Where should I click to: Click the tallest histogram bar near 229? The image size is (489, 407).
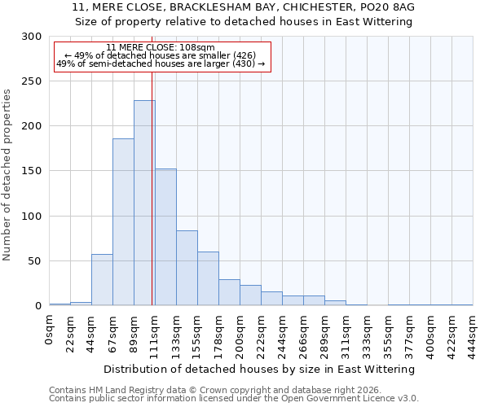tap(144, 203)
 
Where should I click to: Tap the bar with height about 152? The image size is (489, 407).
tap(165, 237)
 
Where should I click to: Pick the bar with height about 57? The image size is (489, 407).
tap(102, 280)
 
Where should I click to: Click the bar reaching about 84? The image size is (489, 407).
tap(187, 268)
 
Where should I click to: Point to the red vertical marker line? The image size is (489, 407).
tap(152, 187)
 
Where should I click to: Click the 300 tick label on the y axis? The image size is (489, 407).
tap(32, 37)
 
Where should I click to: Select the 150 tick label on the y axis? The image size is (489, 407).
tap(32, 172)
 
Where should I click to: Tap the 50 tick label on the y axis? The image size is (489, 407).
tap(35, 261)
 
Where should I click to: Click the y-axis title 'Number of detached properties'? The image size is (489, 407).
tap(7, 175)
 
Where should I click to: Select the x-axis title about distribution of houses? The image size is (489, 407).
tap(260, 369)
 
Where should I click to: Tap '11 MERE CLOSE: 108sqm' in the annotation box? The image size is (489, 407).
tap(161, 47)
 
